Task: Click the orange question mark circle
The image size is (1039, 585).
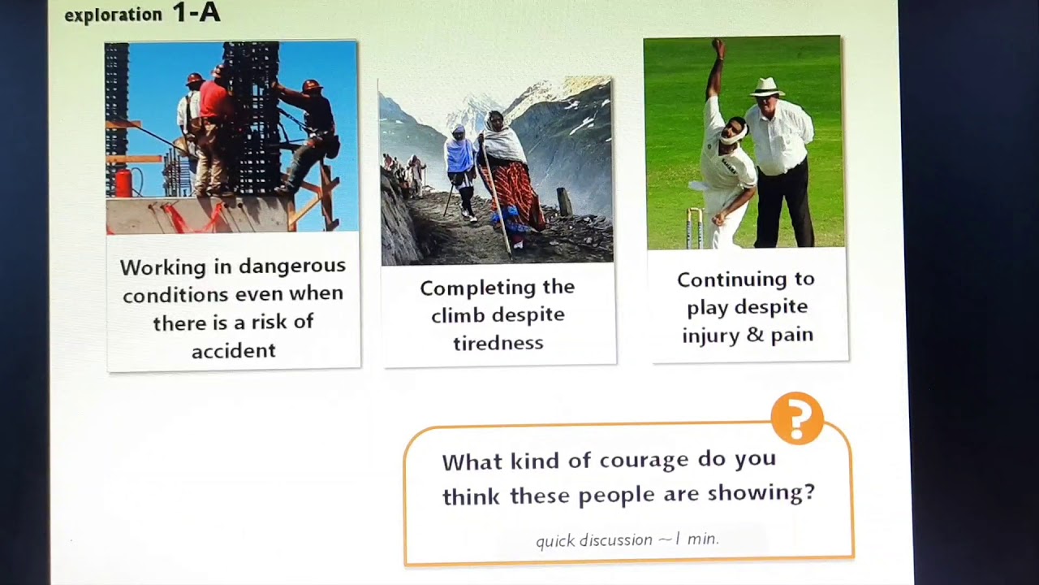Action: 797,418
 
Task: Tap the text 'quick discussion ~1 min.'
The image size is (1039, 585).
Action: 627,539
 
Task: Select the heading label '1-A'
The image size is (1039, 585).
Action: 196,13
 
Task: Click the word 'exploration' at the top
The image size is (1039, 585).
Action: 113,15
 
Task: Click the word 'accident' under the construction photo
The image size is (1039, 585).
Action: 234,351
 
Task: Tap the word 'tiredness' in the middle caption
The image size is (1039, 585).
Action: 498,343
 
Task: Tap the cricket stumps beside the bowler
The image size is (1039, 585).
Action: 694,227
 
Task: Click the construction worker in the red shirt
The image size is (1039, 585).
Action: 214,102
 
